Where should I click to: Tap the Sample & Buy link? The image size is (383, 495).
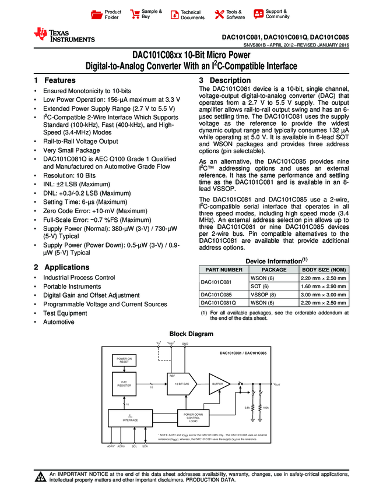[x=146, y=15]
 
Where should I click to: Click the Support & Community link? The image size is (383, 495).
[x=272, y=14]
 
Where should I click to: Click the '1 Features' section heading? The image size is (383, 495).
[x=55, y=80]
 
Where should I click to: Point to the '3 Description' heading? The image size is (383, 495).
[x=225, y=80]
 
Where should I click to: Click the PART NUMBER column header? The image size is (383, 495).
[x=222, y=270]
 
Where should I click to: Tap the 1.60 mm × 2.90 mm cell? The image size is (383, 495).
[x=322, y=287]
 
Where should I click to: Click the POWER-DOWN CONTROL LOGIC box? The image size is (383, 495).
[x=193, y=418]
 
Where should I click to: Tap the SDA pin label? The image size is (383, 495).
[x=145, y=446]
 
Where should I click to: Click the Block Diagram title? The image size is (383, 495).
[x=191, y=334]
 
